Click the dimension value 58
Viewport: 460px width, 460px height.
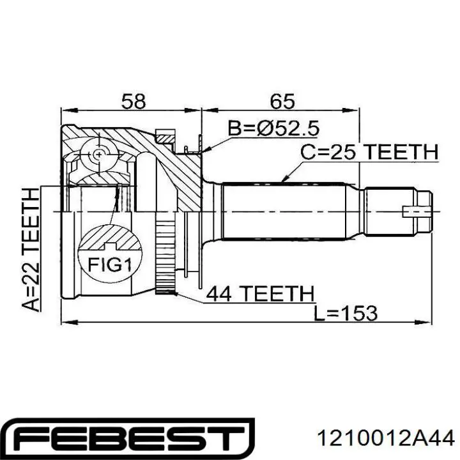coord(133,101)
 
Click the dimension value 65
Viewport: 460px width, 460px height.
coord(282,101)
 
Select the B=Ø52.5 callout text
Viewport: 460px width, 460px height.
coord(273,128)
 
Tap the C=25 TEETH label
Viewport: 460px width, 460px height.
coord(369,152)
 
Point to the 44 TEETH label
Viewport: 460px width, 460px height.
coord(260,293)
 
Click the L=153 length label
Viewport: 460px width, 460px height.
coord(346,313)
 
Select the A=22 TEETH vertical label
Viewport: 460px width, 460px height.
coord(31,249)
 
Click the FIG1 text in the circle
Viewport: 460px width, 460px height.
coord(110,265)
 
